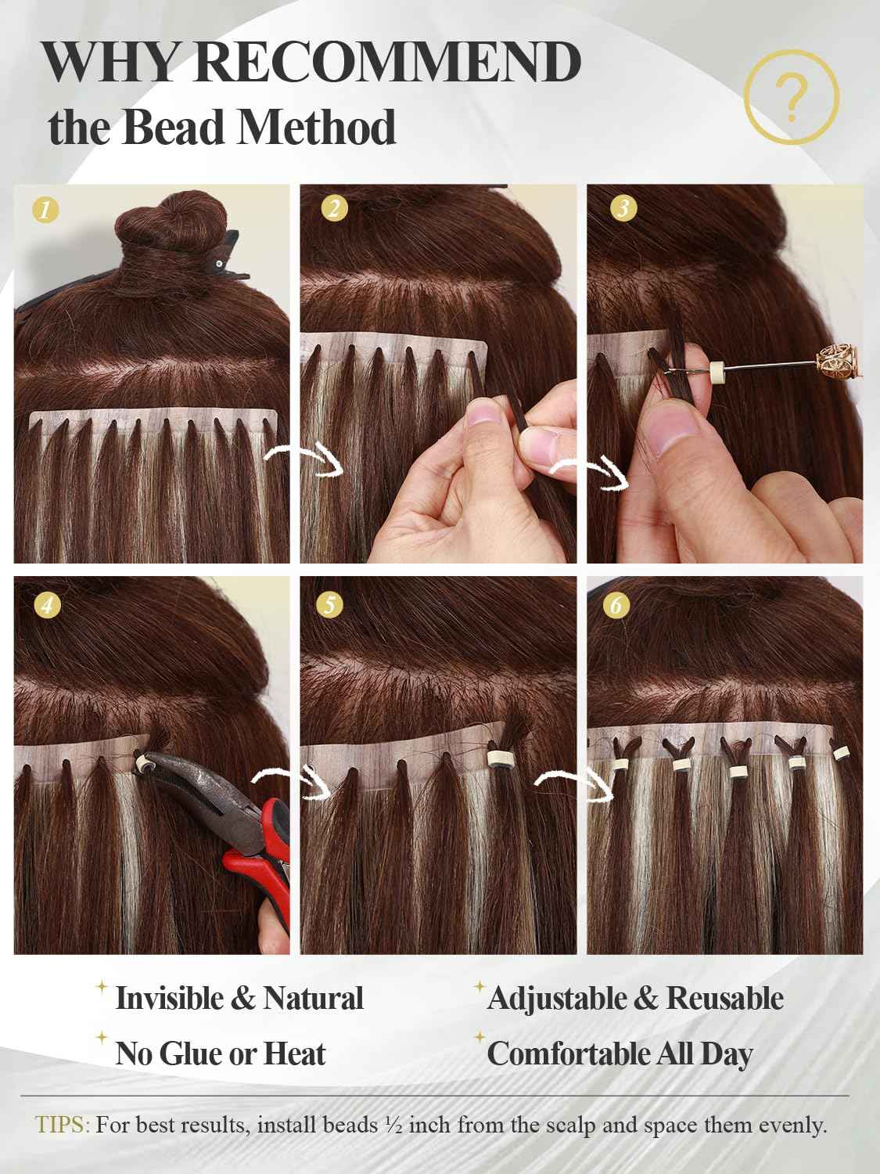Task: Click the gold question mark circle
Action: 792,98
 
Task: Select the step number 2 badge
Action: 335,209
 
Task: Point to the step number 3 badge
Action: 623,208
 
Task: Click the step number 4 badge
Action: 48,605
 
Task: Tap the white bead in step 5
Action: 494,758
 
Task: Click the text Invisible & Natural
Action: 239,999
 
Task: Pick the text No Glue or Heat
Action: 220,1054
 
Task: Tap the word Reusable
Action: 724,999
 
